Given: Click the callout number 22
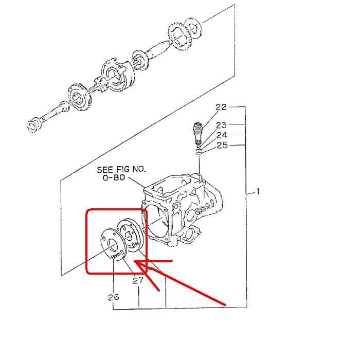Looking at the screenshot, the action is [x=221, y=107].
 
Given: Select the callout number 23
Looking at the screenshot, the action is [x=221, y=125].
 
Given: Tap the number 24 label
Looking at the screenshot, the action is [x=221, y=135].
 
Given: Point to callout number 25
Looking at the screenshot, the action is [x=221, y=145].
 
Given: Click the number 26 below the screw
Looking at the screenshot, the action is [x=113, y=297].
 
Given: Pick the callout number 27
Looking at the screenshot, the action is [x=138, y=281].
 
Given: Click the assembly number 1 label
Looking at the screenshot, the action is [x=259, y=192].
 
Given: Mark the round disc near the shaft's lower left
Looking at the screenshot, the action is [x=76, y=97].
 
